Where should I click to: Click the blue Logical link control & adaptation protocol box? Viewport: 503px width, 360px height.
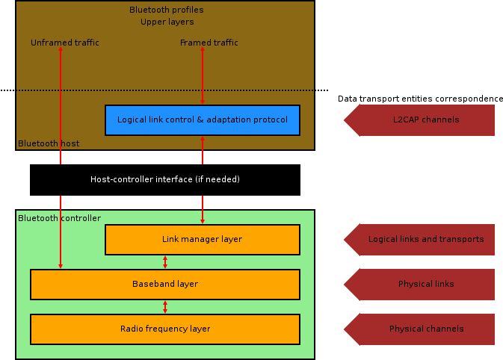click(202, 120)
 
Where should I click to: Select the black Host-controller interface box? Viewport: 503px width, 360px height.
click(164, 179)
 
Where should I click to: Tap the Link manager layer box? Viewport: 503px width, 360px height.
click(202, 239)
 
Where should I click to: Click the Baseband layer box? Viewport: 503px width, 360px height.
click(164, 284)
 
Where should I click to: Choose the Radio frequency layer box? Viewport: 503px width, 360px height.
click(164, 329)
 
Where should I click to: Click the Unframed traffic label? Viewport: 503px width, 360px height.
click(65, 43)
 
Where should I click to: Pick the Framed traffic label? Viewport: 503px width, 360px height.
click(209, 43)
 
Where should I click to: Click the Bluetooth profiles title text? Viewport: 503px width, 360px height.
click(166, 10)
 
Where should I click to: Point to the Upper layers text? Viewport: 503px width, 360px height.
click(167, 22)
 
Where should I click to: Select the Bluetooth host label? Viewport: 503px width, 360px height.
click(49, 143)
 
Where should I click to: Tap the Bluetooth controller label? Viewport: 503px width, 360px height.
click(59, 218)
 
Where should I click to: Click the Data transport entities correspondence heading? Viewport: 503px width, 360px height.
click(420, 99)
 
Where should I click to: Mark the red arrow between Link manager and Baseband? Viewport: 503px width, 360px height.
click(165, 261)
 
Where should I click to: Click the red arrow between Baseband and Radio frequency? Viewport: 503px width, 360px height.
click(165, 306)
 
